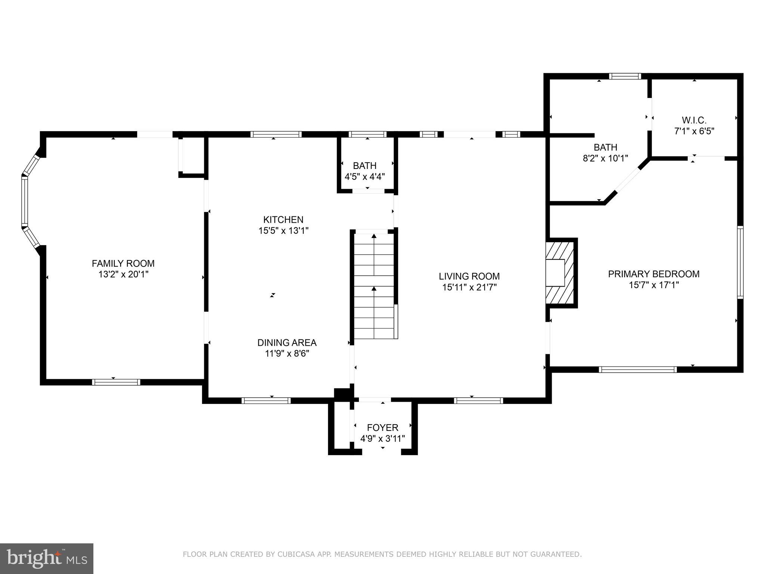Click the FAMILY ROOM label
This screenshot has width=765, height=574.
123,263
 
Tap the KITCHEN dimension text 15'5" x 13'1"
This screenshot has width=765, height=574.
283,231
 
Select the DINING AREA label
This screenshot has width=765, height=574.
287,342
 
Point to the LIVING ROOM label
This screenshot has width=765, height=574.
469,276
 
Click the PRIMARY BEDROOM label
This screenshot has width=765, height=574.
653,274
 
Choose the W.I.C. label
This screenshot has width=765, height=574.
694,120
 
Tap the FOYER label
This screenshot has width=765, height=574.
382,428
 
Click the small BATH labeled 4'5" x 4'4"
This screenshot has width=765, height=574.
365,166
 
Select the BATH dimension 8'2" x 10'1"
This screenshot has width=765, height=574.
605,158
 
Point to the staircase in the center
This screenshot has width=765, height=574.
374,286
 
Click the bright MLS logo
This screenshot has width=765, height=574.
46,559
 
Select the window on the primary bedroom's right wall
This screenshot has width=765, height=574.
740,262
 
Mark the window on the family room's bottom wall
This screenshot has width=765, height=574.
116,382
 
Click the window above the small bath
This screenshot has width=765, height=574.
367,134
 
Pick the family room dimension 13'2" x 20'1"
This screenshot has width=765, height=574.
123,275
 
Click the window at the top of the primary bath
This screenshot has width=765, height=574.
625,76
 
